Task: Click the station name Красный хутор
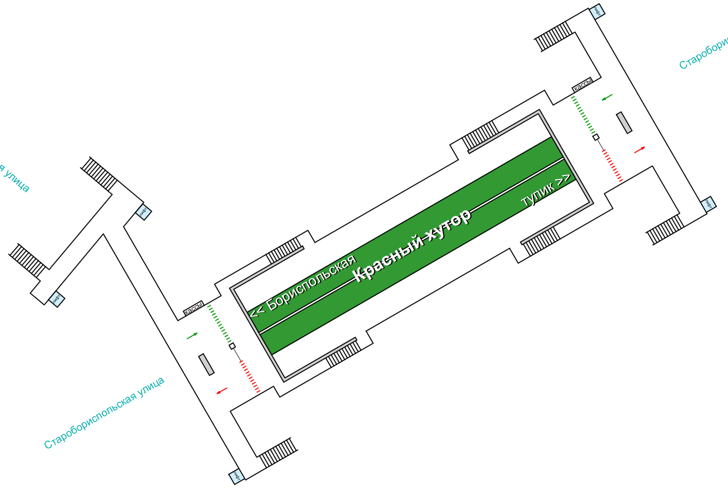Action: click(x=413, y=246)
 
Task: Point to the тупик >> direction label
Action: click(x=546, y=191)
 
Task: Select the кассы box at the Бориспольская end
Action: click(x=193, y=308)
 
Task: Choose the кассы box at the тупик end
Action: click(x=582, y=84)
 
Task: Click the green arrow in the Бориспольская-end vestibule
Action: click(x=192, y=336)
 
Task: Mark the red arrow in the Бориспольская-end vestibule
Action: click(x=222, y=391)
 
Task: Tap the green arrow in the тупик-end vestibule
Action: click(x=607, y=97)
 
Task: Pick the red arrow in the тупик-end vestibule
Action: click(x=640, y=150)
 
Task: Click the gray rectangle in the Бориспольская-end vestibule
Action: click(x=206, y=365)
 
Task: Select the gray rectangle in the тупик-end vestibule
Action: click(x=624, y=123)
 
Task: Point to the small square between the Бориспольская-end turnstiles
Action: click(x=232, y=346)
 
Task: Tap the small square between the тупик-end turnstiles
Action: click(x=596, y=137)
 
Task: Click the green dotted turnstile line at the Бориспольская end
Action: click(x=219, y=324)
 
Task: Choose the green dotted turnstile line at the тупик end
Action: click(x=583, y=115)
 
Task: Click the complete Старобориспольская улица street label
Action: click(x=104, y=414)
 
